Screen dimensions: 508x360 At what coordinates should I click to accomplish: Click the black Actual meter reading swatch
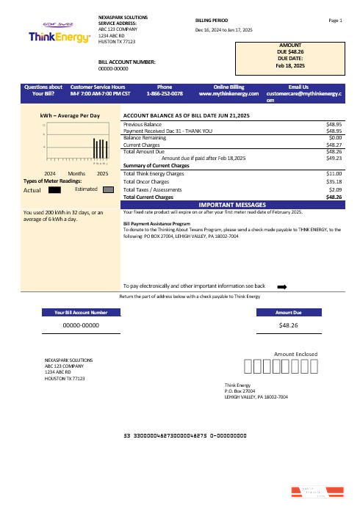coord(54,189)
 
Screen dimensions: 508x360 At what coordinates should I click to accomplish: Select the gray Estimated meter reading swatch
coord(108,189)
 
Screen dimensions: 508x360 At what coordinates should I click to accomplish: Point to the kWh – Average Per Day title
coord(70,116)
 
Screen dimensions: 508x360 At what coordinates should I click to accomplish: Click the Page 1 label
coord(336,21)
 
